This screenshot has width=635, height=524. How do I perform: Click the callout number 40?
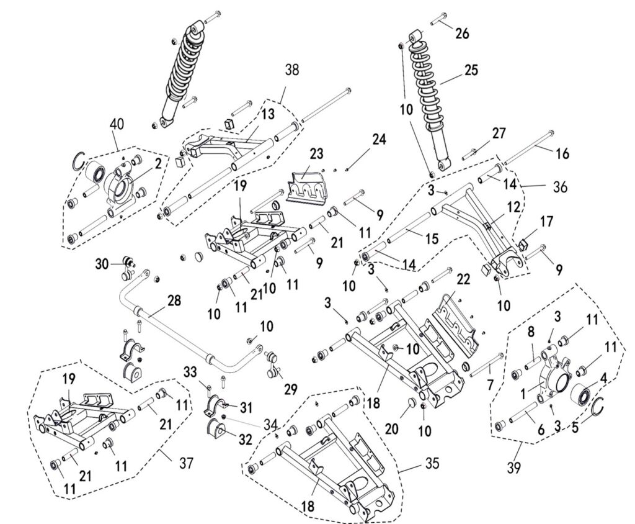click(x=117, y=124)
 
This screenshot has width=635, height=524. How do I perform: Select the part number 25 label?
click(x=471, y=70)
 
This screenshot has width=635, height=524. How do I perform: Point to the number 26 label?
click(x=463, y=34)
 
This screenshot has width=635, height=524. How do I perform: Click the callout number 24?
click(x=379, y=139)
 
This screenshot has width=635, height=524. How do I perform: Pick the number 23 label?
click(x=317, y=153)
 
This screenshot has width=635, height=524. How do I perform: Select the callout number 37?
click(x=185, y=463)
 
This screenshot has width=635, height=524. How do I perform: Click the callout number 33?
click(x=190, y=372)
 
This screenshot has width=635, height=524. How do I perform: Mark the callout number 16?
click(x=561, y=154)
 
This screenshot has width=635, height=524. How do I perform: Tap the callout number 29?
click(x=290, y=389)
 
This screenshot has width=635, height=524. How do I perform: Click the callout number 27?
click(x=499, y=133)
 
